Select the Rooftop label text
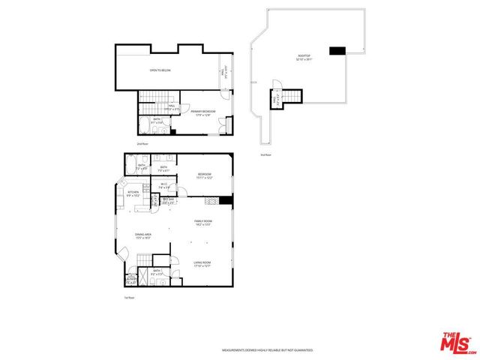click(304, 58)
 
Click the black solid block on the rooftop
click(337, 51)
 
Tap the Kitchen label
click(134, 193)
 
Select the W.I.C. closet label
click(164, 187)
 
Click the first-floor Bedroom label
click(205, 175)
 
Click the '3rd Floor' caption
click(265, 154)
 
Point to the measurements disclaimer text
click(268, 350)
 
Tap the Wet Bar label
click(168, 201)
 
